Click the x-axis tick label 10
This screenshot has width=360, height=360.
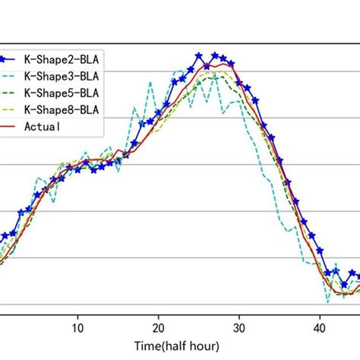point(77,328)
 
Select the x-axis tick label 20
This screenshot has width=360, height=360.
point(158,328)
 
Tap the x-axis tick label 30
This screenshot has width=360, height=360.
point(239,328)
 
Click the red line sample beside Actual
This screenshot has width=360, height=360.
point(11,125)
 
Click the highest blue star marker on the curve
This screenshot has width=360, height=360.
point(199,55)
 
